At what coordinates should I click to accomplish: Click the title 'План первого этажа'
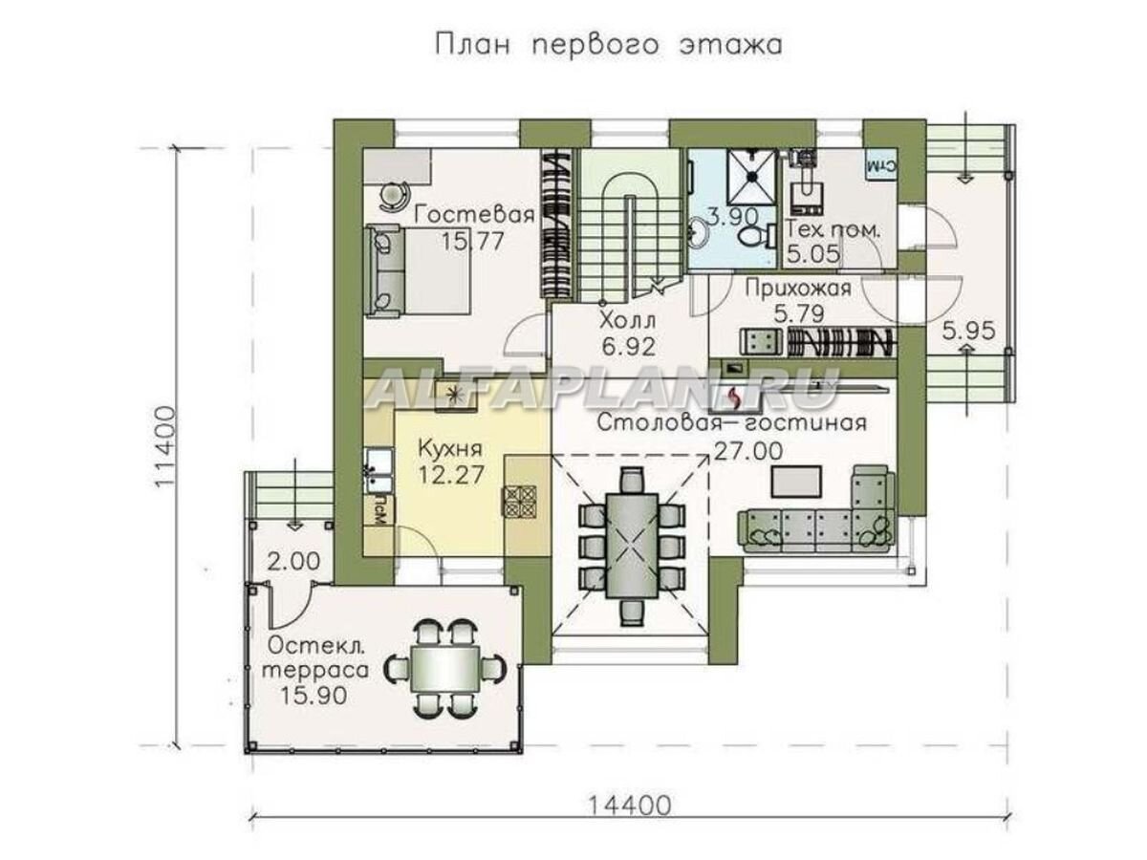(x=608, y=46)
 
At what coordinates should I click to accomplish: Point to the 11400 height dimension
(x=165, y=446)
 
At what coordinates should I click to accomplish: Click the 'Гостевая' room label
(x=474, y=215)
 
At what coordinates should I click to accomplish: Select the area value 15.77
(x=472, y=241)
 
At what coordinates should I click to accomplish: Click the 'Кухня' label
(x=450, y=449)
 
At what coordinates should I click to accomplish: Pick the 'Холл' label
(x=627, y=320)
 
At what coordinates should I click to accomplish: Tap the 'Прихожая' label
(x=798, y=288)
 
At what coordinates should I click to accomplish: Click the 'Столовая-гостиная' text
(x=731, y=422)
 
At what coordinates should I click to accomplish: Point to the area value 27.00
(x=747, y=451)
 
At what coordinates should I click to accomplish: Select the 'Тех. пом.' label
(x=833, y=230)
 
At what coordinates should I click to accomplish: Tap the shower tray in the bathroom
(x=752, y=177)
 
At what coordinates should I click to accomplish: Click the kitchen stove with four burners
(x=519, y=502)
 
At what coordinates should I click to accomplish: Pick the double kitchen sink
(x=379, y=470)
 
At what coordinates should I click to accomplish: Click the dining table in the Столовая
(x=631, y=545)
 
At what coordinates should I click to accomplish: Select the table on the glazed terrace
(x=444, y=668)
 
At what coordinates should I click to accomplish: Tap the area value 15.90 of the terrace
(x=314, y=696)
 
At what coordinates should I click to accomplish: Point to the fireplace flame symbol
(x=735, y=398)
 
